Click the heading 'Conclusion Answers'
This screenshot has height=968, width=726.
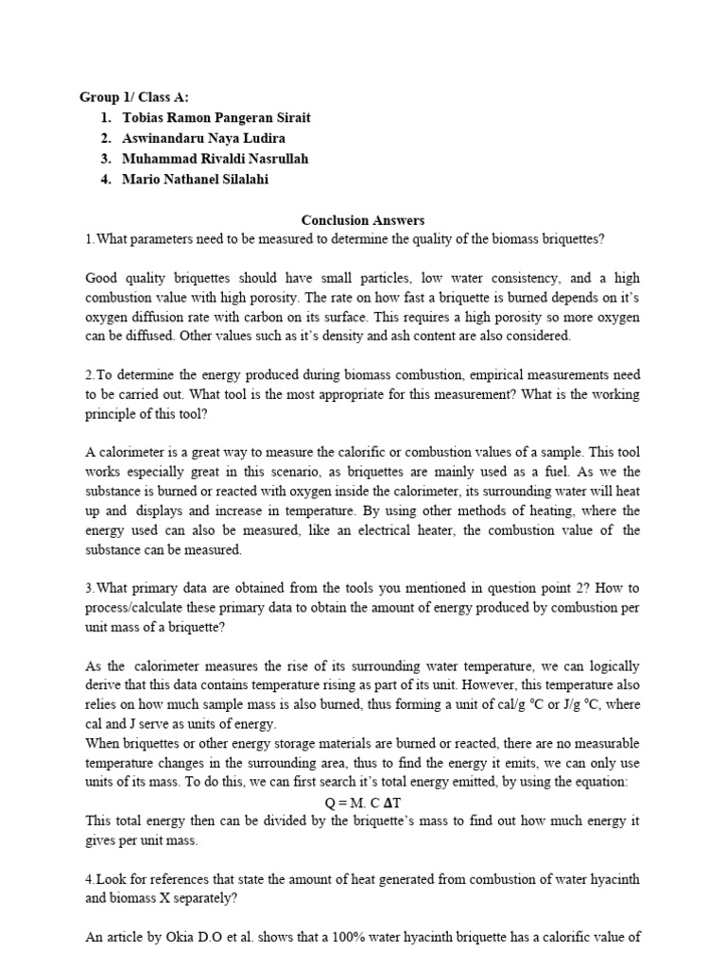point(362,220)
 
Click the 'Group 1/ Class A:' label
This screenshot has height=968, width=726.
point(141,96)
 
